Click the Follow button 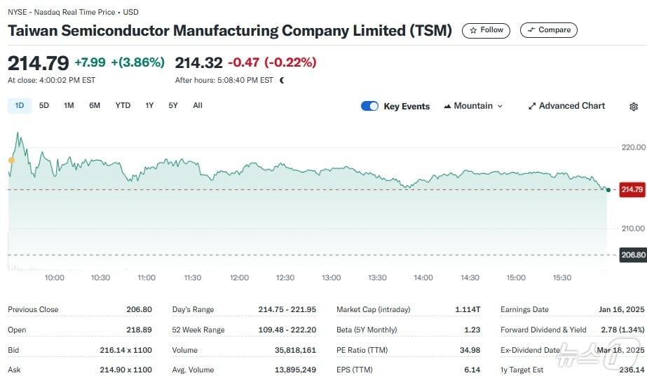(x=486, y=30)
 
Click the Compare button (x=549, y=30)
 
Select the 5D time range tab (x=44, y=106)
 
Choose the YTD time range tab (x=123, y=106)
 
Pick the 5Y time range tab (x=173, y=106)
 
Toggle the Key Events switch (x=369, y=106)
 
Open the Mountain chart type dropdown (x=473, y=106)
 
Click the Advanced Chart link (x=566, y=106)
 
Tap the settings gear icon (x=634, y=107)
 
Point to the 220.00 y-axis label (x=632, y=147)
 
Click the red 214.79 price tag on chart (x=632, y=190)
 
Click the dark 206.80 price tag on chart (x=632, y=255)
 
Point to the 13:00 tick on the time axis (x=331, y=278)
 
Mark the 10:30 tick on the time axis (x=100, y=278)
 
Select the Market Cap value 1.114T (x=468, y=309)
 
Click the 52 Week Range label (x=198, y=330)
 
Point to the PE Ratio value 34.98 (x=468, y=350)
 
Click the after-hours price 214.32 (x=198, y=62)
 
